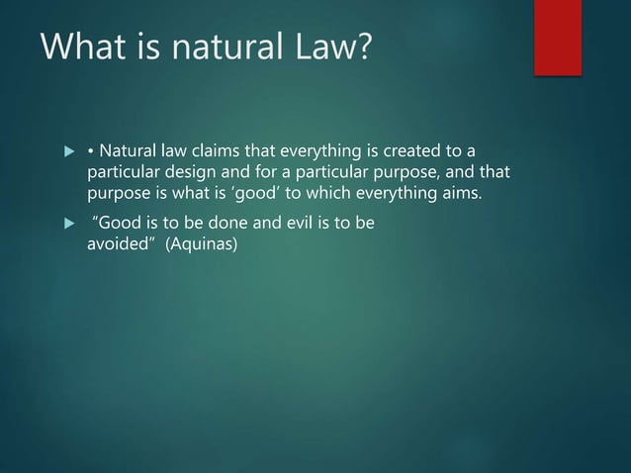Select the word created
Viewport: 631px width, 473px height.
[396, 150]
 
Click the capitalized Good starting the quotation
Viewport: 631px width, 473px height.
[114, 224]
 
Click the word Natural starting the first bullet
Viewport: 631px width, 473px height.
[128, 150]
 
